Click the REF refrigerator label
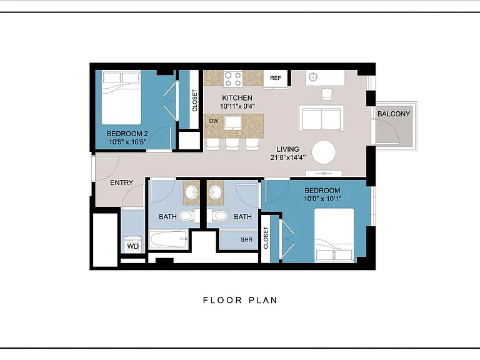coord(275,78)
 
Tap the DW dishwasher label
coord(214,121)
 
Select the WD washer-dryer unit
coord(133,244)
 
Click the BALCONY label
coord(393,114)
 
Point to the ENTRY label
coord(121,182)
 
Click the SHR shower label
coord(246,240)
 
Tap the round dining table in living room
coord(324,152)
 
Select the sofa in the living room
coord(321,118)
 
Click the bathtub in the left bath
coord(168,239)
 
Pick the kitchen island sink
coord(233,122)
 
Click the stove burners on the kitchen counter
coord(233,79)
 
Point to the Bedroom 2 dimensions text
coord(127,142)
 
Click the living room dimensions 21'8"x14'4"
coord(287,157)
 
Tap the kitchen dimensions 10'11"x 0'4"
coord(237,106)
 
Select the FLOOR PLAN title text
coord(240,300)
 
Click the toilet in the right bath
coord(218,216)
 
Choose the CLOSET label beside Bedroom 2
coord(195,101)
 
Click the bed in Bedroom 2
coord(121,97)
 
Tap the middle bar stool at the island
coord(232,144)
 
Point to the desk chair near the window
coord(327,94)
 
